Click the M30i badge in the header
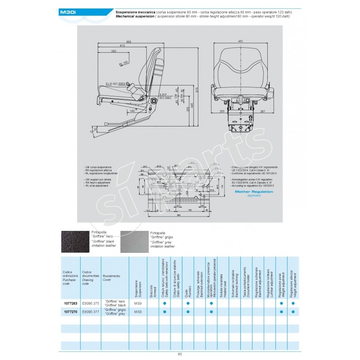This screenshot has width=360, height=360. (69, 13)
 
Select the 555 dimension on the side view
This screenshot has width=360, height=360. (129, 41)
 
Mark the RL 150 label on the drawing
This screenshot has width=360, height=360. (124, 63)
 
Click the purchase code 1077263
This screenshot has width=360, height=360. (66, 304)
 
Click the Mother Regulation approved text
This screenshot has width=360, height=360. (251, 193)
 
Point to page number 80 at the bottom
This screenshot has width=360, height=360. (180, 354)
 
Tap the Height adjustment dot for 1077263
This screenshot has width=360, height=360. (293, 304)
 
